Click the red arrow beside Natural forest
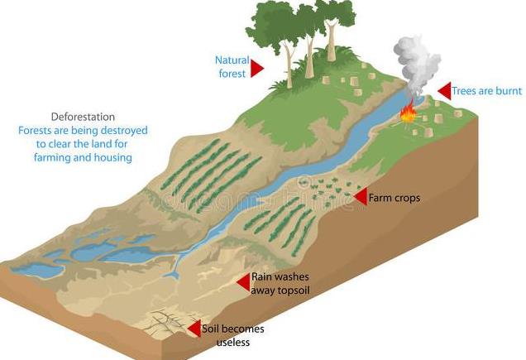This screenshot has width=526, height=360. (x=256, y=69)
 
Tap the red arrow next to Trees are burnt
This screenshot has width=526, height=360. (x=444, y=91)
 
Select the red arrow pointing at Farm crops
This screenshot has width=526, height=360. (x=360, y=196)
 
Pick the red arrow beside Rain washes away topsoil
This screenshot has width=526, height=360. (x=243, y=283)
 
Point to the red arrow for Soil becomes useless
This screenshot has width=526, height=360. (x=194, y=329)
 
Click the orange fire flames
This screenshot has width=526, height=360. (x=407, y=113)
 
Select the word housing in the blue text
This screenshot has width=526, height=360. (x=112, y=157)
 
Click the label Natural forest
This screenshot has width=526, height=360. (x=231, y=67)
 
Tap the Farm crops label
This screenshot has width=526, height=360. (x=394, y=198)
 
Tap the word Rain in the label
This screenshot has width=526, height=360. (x=261, y=277)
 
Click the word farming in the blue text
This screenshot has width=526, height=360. (x=55, y=157)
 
